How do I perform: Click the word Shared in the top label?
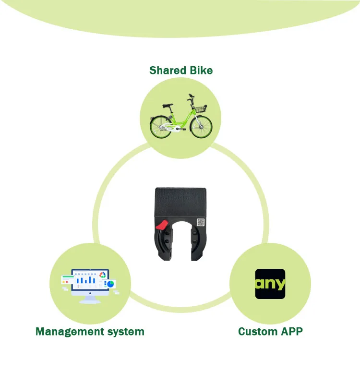(167, 71)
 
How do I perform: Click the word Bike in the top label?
(200, 71)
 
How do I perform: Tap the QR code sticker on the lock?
(201, 222)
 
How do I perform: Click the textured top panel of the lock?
(180, 201)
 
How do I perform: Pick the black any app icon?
(270, 284)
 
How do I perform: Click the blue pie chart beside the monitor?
(110, 284)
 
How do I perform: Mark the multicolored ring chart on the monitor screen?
(102, 275)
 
